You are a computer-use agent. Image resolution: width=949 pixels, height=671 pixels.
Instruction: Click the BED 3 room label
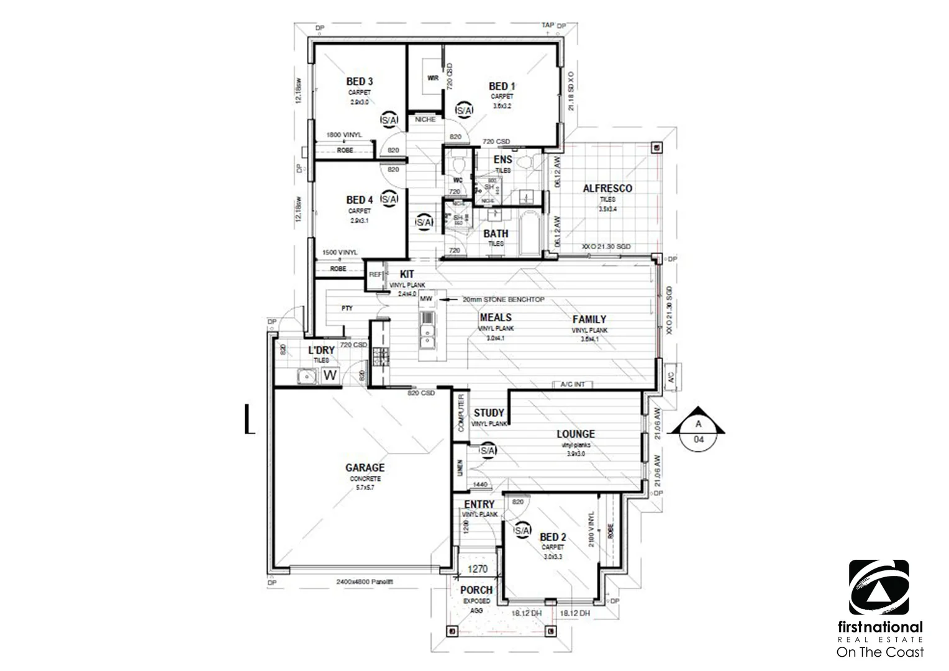coord(359,81)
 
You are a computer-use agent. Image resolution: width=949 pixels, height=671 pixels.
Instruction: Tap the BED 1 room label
coord(502,86)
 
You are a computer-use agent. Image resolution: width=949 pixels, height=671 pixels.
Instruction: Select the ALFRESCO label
coord(607,188)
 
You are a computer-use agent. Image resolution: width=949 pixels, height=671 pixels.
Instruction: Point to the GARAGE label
coord(365,468)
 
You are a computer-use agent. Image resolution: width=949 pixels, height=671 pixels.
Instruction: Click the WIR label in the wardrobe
coord(433,78)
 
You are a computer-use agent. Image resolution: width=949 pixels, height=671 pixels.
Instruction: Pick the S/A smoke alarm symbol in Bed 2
coord(522,531)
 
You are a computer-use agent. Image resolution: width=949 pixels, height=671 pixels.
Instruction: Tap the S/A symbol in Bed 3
coord(389,119)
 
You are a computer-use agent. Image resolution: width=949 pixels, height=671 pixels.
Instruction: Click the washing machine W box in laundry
coord(330,375)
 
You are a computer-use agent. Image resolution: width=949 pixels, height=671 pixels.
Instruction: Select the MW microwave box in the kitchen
coord(426,299)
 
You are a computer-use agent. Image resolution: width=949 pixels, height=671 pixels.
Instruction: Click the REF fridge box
coord(375,274)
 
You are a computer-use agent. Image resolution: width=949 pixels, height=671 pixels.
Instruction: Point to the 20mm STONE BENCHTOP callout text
coord(503,299)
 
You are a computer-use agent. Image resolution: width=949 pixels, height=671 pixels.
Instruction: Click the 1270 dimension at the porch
coord(478,568)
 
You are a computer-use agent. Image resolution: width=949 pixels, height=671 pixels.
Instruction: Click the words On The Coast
coord(879,652)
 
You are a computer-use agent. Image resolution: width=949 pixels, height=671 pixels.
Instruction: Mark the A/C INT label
coord(573,385)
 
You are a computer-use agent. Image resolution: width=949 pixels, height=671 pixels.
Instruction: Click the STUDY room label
coord(489,413)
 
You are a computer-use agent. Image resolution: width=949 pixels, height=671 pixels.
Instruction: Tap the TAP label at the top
coord(548,25)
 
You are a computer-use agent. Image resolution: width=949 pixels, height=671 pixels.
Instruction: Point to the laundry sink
coord(306,377)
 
